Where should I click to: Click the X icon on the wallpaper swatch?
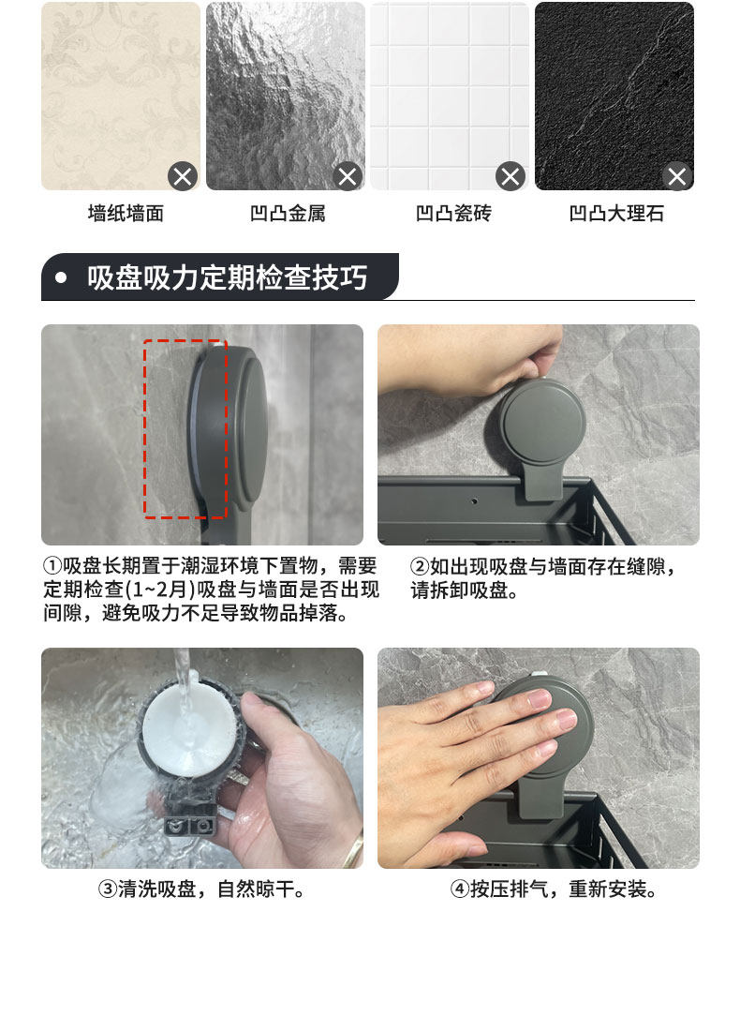183,176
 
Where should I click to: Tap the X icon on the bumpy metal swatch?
348,176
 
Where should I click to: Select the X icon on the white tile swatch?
511,176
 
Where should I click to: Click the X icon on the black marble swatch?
677,176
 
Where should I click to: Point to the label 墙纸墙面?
126,213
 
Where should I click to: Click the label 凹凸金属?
288,213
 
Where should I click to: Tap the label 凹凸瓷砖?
453,213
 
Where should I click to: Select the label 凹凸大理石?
616,213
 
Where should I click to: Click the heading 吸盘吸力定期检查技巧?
227,277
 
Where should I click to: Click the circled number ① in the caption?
52,566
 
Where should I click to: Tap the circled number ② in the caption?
420,567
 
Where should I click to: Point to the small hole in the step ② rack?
475,501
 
